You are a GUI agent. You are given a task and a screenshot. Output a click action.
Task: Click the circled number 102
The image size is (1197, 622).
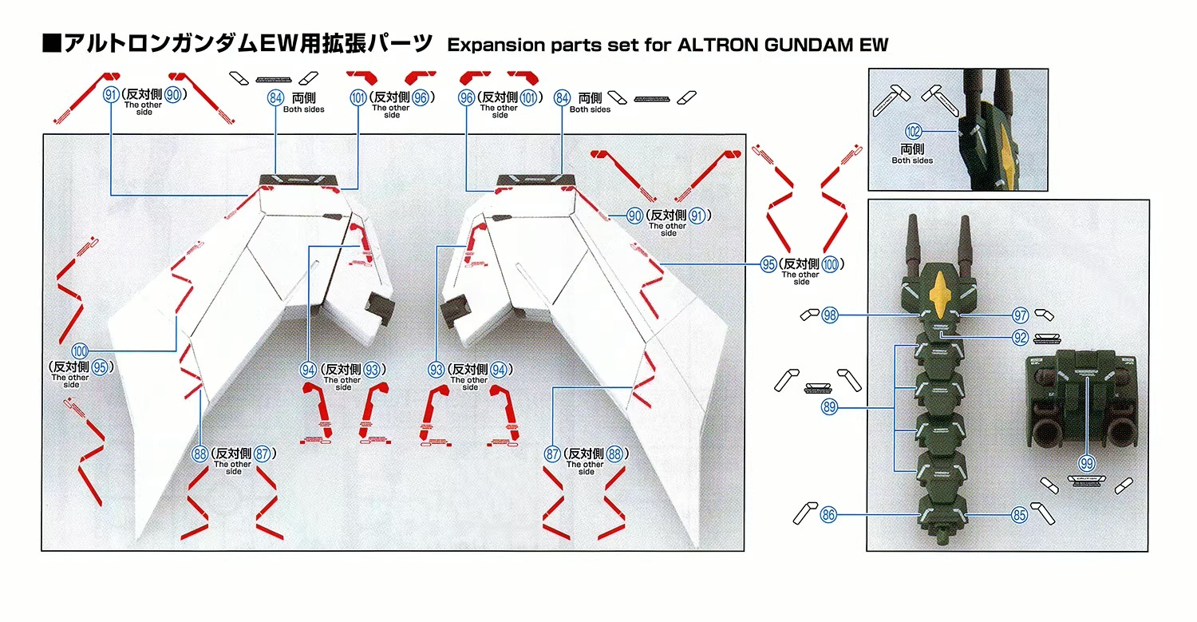tap(914, 132)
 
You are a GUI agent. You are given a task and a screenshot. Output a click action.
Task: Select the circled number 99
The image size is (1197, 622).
tap(1085, 462)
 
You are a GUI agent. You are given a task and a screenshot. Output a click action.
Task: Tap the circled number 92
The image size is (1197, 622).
tap(1020, 338)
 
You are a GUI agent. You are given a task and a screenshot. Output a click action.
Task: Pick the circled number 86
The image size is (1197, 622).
tap(828, 515)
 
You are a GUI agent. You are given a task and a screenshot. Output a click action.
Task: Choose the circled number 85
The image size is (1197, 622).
tap(1019, 515)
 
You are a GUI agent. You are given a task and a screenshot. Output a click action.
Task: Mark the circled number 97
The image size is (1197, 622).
tap(1020, 316)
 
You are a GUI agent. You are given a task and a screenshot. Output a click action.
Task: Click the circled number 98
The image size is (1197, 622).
tap(830, 316)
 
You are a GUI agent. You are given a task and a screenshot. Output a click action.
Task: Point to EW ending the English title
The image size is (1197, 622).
tap(874, 45)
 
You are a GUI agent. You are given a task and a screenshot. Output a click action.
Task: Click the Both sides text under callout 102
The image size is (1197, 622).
tap(912, 160)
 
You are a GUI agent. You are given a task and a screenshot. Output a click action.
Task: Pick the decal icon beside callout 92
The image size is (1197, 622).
tap(1048, 338)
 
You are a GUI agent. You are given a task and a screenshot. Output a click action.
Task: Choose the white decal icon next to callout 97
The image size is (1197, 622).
tap(1044, 315)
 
